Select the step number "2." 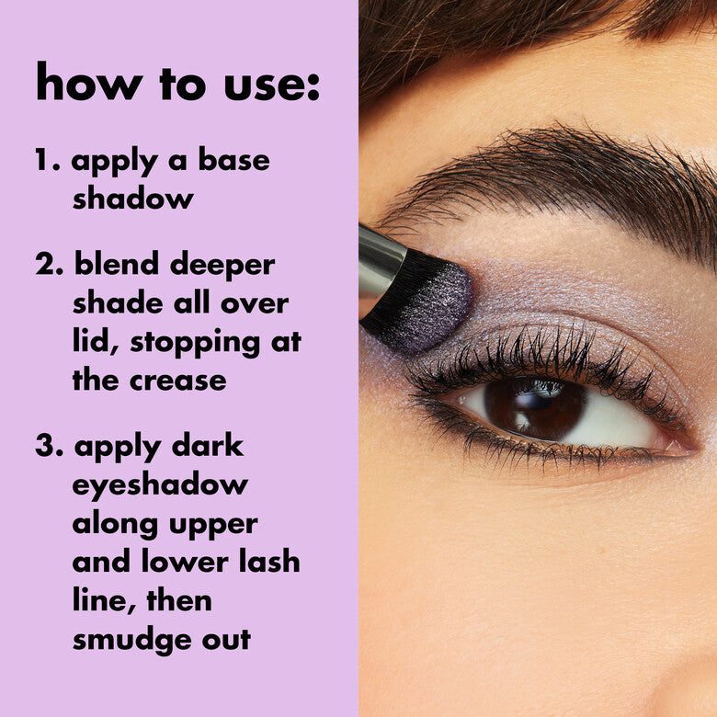point(51,265)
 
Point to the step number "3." point(51,447)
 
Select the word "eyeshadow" point(160,486)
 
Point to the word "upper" point(211,525)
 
